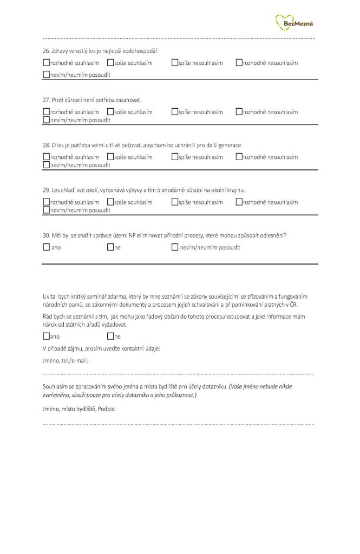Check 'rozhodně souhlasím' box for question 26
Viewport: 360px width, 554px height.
coord(46,63)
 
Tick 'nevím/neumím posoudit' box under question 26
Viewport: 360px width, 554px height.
coord(46,75)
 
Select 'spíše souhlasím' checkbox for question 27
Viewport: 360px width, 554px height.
coord(110,112)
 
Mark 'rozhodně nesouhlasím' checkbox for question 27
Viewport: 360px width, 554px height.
coord(239,112)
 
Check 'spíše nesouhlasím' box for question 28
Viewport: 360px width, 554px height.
coord(175,157)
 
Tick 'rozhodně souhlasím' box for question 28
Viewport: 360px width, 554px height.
coord(46,157)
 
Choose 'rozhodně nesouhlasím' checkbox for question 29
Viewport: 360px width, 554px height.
coord(239,202)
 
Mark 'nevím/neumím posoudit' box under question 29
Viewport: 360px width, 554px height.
coord(46,210)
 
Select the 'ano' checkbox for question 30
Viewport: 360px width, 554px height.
coord(46,247)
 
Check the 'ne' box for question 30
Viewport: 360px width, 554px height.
coord(110,247)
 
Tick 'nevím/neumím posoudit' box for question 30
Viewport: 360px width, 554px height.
coord(175,247)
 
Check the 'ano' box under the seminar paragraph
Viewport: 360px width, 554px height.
coord(46,336)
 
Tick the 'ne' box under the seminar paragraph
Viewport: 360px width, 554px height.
coord(110,336)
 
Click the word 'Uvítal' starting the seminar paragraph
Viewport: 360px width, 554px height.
coord(50,296)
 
